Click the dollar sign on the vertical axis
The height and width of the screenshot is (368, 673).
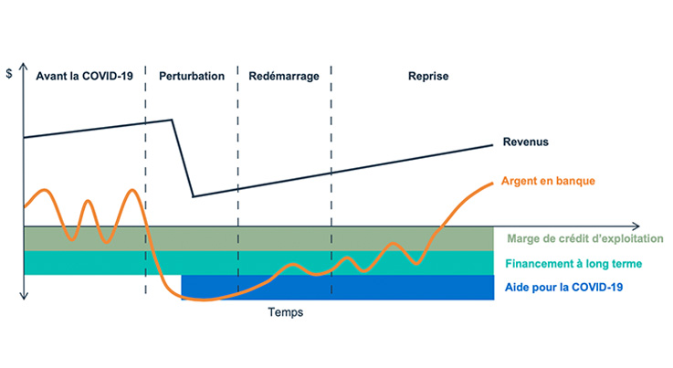[9, 73]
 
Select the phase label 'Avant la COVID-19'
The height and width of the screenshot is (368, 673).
[85, 76]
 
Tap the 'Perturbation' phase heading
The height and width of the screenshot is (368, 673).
[192, 76]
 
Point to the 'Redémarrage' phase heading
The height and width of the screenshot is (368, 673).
[284, 76]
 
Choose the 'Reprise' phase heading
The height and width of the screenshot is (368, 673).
[428, 76]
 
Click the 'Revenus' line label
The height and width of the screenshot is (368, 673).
[526, 142]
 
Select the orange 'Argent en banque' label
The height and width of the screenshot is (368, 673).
[548, 181]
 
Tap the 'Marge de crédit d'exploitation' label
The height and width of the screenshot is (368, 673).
[585, 238]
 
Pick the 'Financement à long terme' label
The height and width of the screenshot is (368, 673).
[573, 263]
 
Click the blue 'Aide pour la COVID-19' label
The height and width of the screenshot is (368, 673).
[563, 287]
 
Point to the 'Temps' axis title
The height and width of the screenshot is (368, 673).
[286, 311]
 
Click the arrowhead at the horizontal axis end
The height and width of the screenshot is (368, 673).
[636, 226]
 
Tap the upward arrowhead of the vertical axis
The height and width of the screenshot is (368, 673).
[24, 66]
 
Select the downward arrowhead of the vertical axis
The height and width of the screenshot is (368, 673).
[24, 296]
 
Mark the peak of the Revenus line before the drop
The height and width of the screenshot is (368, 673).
[172, 120]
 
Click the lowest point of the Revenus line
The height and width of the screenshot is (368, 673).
[194, 196]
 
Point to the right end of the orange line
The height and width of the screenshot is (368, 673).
[493, 184]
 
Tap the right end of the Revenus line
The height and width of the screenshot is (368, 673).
[493, 145]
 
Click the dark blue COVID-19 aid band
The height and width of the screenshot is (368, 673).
[338, 288]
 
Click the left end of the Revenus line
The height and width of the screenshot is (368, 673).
[25, 137]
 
